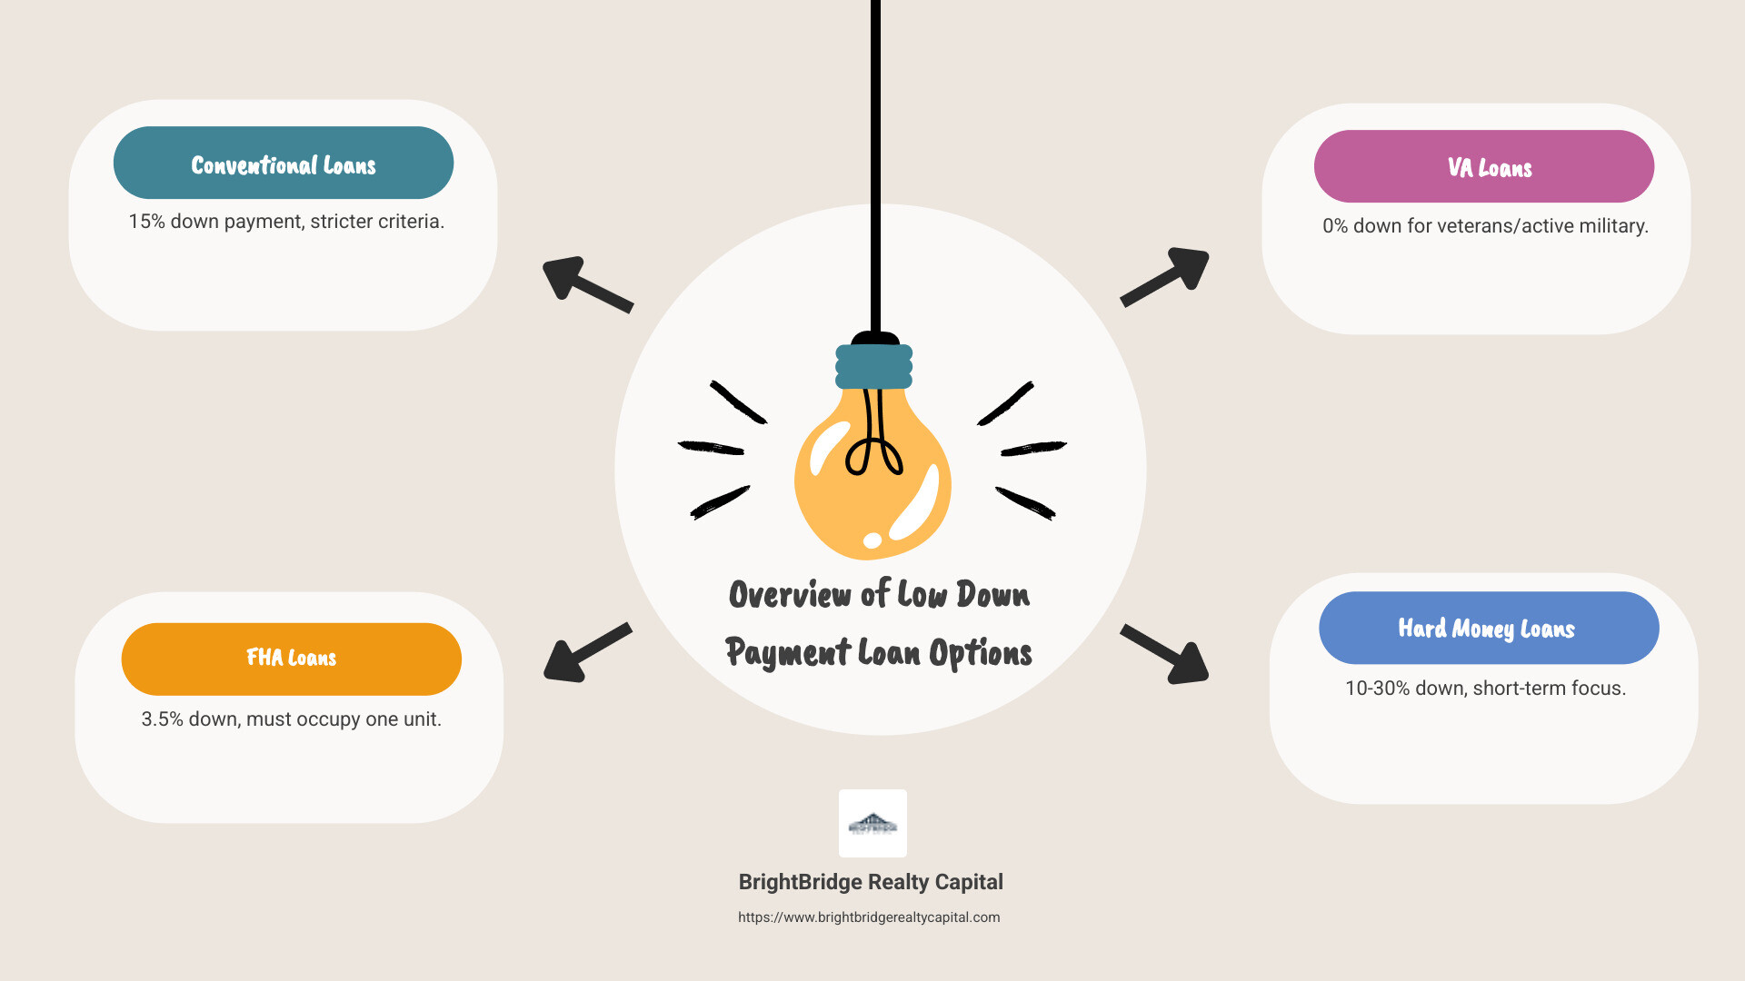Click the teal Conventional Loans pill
point(283,163)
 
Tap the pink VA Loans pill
point(1483,167)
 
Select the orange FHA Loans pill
point(291,659)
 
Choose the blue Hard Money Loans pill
point(1488,629)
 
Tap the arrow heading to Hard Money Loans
point(1167,654)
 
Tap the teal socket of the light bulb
point(873,366)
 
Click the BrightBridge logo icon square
point(872,823)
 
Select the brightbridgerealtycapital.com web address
point(869,917)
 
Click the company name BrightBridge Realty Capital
point(871,882)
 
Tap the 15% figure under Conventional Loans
point(146,222)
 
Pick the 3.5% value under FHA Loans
point(162,719)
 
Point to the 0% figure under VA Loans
point(1335,226)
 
